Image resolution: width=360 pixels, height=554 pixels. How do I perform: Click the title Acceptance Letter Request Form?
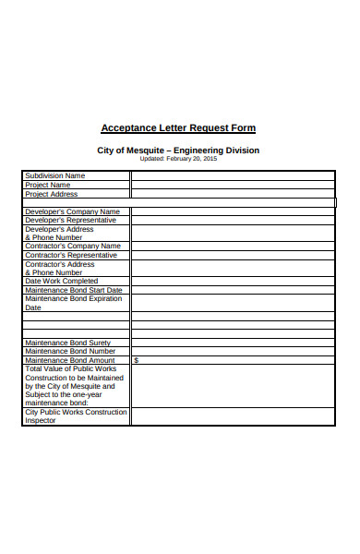(x=178, y=128)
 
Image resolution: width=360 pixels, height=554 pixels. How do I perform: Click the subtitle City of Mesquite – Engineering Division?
(x=178, y=151)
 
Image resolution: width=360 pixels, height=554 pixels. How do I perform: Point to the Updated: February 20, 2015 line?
(x=178, y=159)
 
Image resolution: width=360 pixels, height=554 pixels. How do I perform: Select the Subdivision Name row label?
(x=54, y=175)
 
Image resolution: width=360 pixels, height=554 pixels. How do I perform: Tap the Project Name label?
(x=47, y=185)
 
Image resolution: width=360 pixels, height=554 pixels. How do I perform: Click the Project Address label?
(x=51, y=194)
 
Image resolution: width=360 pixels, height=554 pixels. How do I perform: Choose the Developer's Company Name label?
(x=72, y=211)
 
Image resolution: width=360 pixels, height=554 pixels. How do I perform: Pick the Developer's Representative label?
(x=70, y=220)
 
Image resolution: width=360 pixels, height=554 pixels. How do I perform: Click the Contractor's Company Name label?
(x=72, y=247)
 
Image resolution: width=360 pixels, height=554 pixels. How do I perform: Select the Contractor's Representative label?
(x=71, y=255)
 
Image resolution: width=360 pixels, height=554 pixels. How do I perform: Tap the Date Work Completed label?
(x=61, y=281)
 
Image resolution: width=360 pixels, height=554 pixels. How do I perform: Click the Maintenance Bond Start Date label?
(x=73, y=290)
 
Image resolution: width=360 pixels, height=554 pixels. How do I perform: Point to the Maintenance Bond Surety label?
(x=67, y=343)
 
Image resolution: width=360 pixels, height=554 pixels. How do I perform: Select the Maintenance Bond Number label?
(x=70, y=351)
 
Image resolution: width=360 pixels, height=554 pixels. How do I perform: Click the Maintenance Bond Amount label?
(x=70, y=360)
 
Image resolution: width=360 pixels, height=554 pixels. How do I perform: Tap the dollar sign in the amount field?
(x=136, y=360)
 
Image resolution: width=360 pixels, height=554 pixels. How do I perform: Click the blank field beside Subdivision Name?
(x=232, y=175)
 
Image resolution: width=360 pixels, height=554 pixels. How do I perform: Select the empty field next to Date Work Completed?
(x=232, y=281)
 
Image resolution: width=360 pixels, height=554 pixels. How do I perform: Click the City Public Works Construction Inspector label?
(x=76, y=416)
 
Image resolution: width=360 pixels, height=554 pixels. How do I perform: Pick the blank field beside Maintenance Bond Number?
(x=232, y=351)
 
